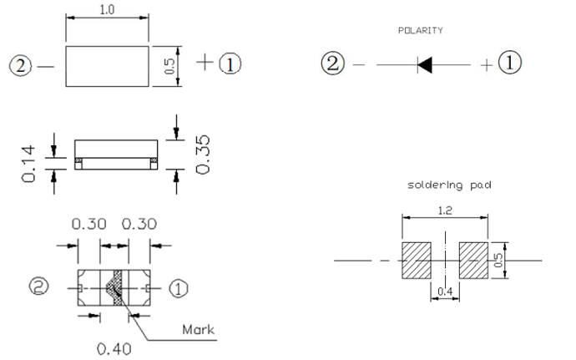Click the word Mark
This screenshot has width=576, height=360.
198,329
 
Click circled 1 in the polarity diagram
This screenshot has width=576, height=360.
510,63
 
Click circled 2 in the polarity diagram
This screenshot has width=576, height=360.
334,63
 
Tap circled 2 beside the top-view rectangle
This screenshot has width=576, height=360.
22,63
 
